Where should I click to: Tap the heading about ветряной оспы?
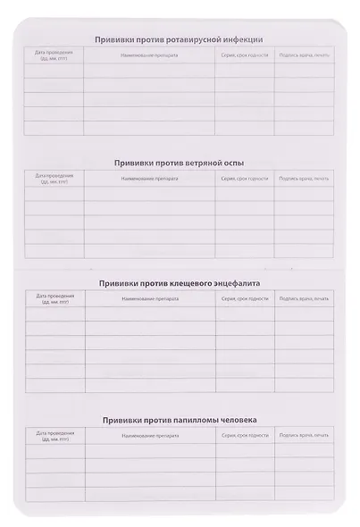point(180,163)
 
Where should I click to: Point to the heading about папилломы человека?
point(180,419)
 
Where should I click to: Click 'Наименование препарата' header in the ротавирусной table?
point(147,55)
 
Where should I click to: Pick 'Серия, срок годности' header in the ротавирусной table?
point(244,55)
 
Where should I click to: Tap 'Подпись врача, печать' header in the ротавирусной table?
point(304,55)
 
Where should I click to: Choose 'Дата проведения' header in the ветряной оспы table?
point(54,179)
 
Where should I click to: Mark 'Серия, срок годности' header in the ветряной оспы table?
point(244,179)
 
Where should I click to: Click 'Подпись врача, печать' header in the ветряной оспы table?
point(304,179)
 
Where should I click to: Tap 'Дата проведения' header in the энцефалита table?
point(55,297)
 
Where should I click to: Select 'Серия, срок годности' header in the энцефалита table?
point(245,297)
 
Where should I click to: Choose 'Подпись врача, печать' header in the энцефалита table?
point(305,297)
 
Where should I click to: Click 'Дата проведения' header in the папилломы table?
point(55,435)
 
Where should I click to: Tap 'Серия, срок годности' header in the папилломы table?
point(245,434)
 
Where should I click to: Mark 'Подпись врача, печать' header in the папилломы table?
point(305,434)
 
